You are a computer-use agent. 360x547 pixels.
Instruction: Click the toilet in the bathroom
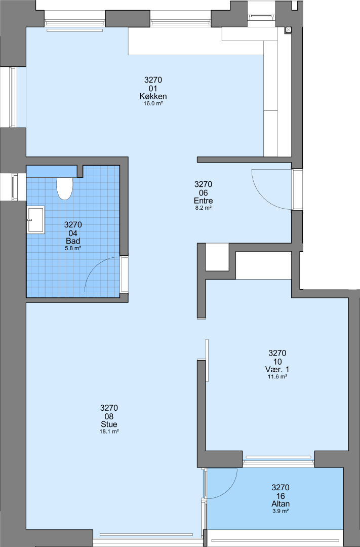pos(64,188)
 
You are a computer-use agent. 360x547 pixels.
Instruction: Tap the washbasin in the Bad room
pos(35,219)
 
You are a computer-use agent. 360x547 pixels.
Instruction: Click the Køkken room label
pos(153,96)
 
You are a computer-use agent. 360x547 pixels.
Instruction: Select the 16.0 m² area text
pos(153,104)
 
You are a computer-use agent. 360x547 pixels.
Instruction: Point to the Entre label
pos(204,201)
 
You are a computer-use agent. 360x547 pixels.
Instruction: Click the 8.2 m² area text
pos(204,208)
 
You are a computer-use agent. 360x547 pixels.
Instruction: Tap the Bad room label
pos(73,241)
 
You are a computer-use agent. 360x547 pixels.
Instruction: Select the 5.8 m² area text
pos(73,248)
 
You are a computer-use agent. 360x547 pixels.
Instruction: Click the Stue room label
pos(109,424)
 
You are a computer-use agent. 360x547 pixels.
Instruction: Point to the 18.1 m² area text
pos(109,432)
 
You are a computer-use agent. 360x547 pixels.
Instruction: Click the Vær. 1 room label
pos(277,369)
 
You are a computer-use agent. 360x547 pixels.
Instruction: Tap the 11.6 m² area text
pos(277,377)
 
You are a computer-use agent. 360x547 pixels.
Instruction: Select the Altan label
pos(281,504)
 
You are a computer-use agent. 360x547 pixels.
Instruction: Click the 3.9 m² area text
pos(281,511)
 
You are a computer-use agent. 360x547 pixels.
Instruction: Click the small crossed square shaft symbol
pos(289,30)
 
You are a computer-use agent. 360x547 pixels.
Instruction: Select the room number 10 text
pos(277,362)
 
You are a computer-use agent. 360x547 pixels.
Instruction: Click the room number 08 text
pos(109,416)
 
